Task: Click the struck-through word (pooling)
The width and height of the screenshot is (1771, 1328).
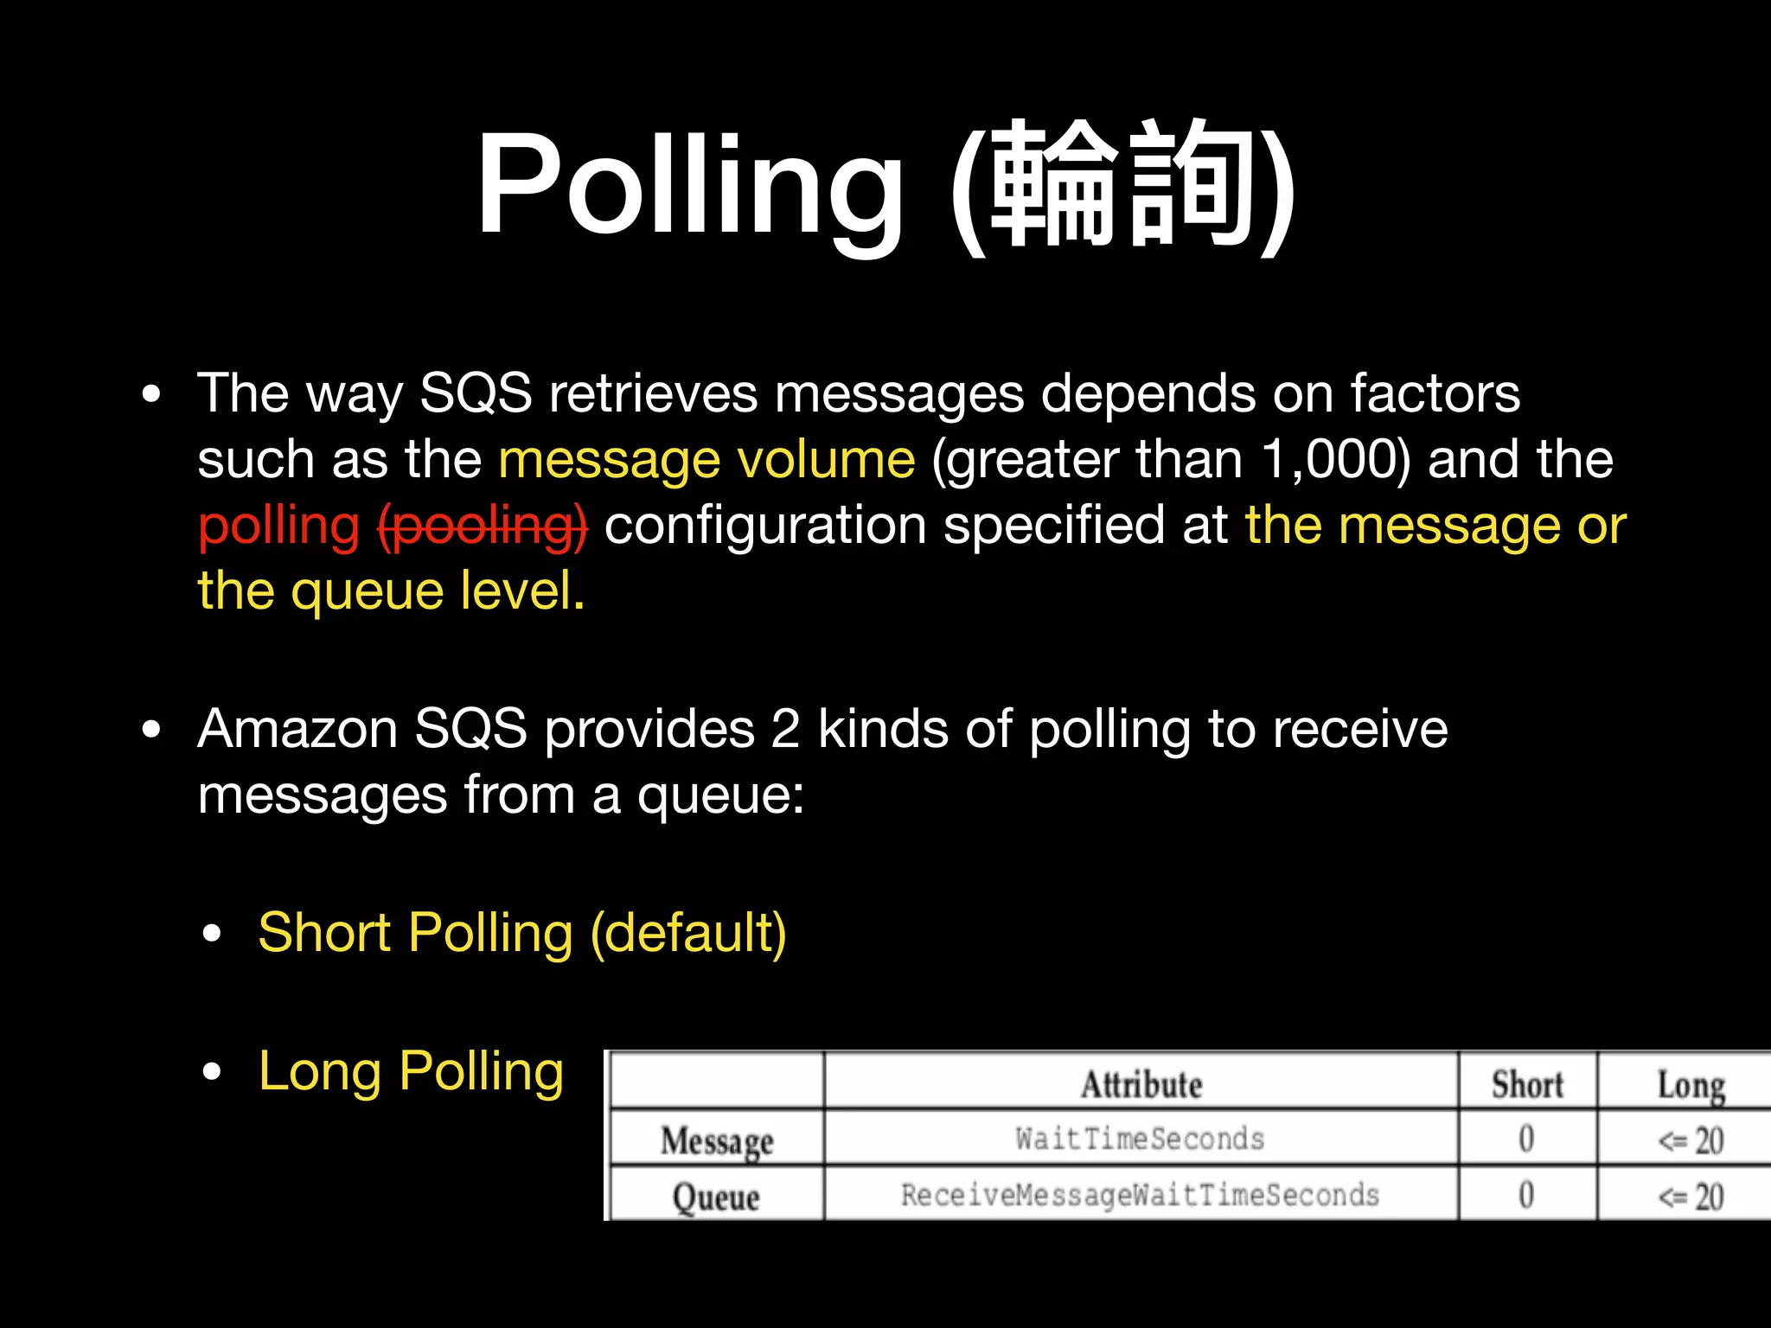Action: point(483,526)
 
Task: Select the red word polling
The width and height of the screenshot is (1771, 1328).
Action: point(278,526)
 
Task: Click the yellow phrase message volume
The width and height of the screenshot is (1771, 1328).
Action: point(706,459)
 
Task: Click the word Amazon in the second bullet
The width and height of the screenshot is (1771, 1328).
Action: point(297,729)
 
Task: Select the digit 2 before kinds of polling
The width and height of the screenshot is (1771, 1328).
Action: point(785,729)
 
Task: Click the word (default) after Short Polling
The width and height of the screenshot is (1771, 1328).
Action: point(688,933)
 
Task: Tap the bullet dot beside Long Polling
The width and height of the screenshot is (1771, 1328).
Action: point(212,1072)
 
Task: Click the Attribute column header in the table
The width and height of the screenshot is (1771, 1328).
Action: point(1141,1084)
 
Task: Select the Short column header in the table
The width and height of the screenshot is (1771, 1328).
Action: point(1527,1084)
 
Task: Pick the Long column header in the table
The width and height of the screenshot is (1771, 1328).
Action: point(1691,1084)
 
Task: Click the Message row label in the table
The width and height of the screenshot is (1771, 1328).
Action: point(717,1140)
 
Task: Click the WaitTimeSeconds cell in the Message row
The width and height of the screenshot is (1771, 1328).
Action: point(1140,1139)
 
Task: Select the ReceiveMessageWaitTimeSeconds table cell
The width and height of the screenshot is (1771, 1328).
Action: point(1140,1195)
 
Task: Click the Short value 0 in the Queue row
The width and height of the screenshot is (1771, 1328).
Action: point(1526,1195)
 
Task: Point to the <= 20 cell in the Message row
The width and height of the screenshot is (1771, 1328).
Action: point(1691,1140)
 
